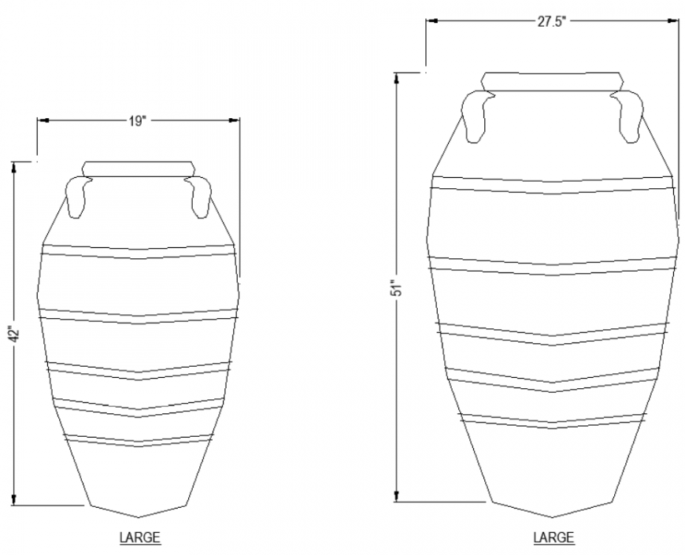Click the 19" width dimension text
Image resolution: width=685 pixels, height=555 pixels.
pos(138,120)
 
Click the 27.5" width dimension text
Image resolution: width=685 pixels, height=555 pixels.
pos(552,22)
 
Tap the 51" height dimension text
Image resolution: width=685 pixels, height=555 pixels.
pos(398,287)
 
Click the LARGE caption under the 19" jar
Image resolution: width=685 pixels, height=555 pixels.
pos(139,538)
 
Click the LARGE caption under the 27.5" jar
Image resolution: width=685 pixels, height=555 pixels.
pos(554,538)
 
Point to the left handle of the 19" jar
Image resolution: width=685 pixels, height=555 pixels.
pos(76,197)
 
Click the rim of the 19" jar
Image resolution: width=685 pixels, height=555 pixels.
pos(139,168)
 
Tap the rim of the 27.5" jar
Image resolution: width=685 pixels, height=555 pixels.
pos(551,81)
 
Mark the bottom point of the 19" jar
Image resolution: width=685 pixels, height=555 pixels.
pos(139,517)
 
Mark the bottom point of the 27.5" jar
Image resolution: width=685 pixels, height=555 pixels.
pos(551,517)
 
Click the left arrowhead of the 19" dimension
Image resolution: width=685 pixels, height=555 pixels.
pos(43,120)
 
